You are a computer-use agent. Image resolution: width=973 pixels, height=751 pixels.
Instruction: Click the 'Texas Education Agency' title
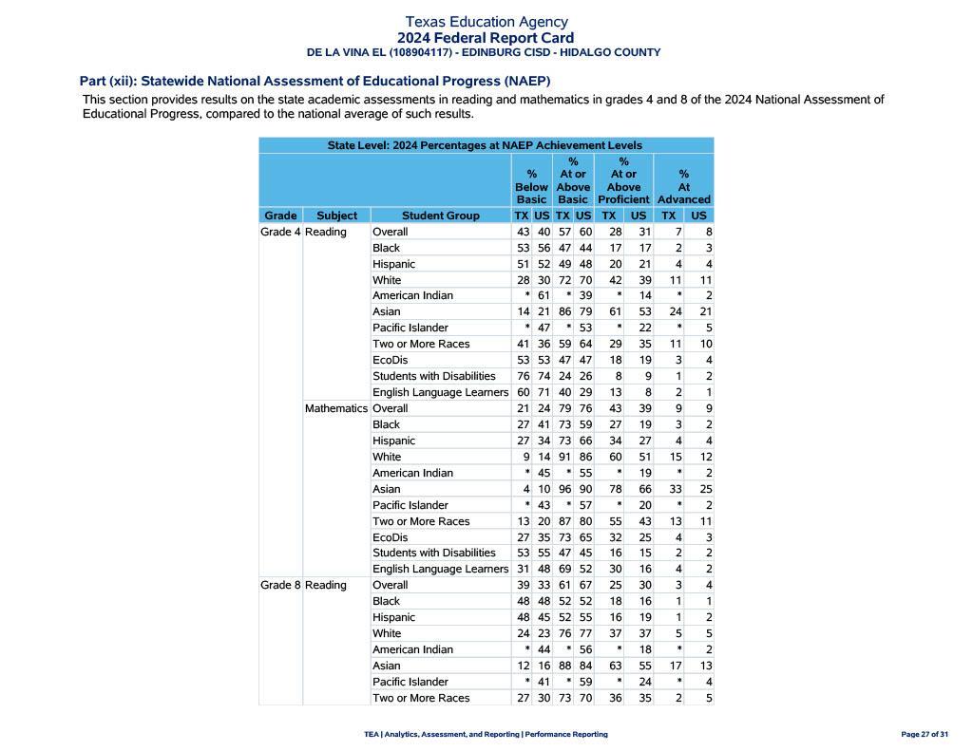[x=486, y=21]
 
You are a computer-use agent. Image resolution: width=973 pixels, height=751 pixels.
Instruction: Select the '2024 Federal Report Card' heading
[x=486, y=38]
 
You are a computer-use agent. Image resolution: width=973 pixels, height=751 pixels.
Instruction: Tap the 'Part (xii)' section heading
[x=315, y=81]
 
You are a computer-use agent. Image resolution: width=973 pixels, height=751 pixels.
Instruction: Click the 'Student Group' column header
[x=440, y=216]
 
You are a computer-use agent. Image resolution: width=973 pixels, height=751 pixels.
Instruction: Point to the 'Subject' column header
[x=336, y=216]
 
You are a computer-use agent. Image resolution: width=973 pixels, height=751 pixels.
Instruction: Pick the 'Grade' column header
[x=280, y=216]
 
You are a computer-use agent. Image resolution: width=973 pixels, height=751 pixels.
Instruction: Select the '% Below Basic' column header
[x=531, y=187]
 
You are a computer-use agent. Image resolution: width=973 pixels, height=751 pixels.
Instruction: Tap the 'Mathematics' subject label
[x=335, y=408]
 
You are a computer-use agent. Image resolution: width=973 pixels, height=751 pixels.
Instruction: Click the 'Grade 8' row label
[x=280, y=585]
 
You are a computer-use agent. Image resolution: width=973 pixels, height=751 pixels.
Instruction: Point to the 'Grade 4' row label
[x=280, y=232]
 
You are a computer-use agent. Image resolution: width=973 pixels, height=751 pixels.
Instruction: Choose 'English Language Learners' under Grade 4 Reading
[x=440, y=392]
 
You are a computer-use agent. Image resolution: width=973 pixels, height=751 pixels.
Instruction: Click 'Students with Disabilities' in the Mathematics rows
[x=433, y=553]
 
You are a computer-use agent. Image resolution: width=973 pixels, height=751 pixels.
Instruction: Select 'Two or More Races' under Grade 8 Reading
[x=421, y=698]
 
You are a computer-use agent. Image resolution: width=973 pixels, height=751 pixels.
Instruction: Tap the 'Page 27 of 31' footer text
[x=925, y=734]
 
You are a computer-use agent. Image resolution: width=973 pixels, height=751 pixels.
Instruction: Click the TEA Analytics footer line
[x=486, y=734]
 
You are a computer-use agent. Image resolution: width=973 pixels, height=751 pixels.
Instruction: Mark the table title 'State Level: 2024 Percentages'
[x=485, y=145]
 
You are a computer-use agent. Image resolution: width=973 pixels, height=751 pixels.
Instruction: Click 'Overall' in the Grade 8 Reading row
[x=390, y=585]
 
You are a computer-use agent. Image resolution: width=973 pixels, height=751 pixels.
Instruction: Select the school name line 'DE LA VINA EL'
[x=483, y=52]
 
